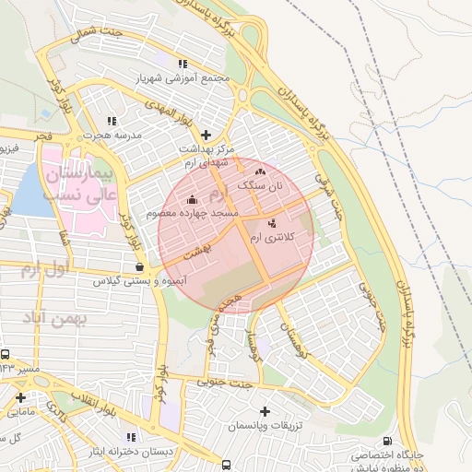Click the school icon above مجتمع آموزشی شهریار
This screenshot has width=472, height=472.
(x=183, y=65)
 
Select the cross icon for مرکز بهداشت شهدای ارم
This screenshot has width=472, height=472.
(x=206, y=135)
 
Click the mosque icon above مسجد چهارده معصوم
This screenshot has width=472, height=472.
(x=192, y=199)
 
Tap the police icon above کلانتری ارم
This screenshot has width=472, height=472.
(x=271, y=223)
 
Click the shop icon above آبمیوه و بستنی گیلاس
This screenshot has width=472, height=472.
(x=138, y=266)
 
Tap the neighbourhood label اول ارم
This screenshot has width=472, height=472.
(x=44, y=269)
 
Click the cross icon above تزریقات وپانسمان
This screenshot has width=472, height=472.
(x=265, y=411)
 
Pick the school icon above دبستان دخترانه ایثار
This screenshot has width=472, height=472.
(x=131, y=436)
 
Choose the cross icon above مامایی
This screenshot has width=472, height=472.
(x=20, y=398)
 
